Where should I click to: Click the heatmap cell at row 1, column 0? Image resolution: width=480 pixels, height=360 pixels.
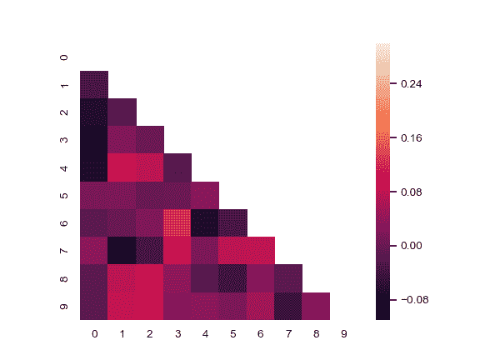(94, 84)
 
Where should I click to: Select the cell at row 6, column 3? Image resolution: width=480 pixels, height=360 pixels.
(177, 222)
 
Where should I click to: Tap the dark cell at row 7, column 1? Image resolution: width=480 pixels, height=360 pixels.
(122, 251)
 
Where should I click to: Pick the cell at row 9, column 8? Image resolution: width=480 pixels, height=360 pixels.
(316, 306)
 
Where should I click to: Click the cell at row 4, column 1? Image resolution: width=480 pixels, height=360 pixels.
(122, 167)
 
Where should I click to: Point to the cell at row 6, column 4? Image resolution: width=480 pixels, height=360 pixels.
(205, 222)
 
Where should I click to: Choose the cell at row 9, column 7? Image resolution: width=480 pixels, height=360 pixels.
(288, 306)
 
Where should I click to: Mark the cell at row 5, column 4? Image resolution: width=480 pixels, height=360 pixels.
(205, 195)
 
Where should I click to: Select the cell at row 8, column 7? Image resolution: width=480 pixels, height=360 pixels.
(288, 278)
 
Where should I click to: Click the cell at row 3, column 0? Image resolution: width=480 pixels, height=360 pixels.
(94, 140)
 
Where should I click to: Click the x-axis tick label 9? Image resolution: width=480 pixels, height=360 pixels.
(343, 334)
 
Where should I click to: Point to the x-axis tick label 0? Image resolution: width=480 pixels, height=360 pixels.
(94, 334)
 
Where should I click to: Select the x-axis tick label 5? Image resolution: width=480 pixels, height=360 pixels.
(232, 334)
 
